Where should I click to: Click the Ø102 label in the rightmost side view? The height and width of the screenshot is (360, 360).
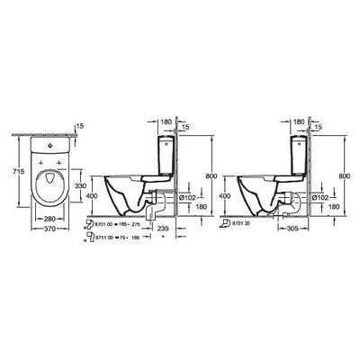[x=320, y=196]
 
